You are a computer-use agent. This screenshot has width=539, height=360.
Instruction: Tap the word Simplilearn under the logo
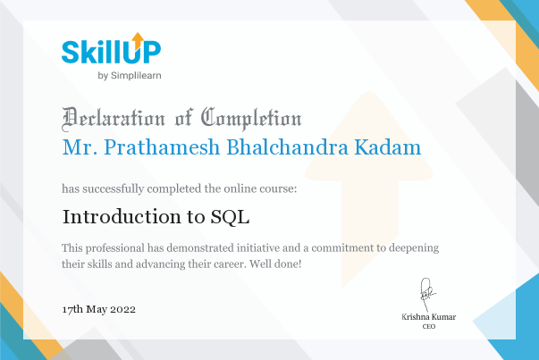pyautogui.click(x=136, y=76)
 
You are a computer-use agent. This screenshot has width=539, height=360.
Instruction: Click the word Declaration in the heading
pyautogui.click(x=114, y=119)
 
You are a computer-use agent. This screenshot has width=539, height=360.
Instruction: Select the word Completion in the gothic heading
pyautogui.click(x=251, y=119)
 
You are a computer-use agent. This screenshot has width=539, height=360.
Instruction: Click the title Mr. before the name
pyautogui.click(x=78, y=147)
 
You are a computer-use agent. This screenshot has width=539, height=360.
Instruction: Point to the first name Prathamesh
pyautogui.click(x=162, y=147)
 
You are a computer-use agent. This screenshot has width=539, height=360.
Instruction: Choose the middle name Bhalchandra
pyautogui.click(x=287, y=147)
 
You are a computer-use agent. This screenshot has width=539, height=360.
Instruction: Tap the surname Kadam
pyautogui.click(x=388, y=147)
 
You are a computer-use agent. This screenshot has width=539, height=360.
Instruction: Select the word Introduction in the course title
pyautogui.click(x=122, y=217)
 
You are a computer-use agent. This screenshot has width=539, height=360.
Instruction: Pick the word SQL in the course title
pyautogui.click(x=230, y=217)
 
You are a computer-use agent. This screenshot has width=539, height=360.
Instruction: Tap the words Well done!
pyautogui.click(x=275, y=264)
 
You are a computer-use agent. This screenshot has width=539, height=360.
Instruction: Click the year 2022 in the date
pyautogui.click(x=122, y=309)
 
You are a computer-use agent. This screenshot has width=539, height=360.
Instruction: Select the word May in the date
pyautogui.click(x=97, y=310)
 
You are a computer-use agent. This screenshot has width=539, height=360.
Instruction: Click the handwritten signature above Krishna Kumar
pyautogui.click(x=427, y=294)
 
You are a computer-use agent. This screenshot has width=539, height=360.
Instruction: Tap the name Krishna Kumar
pyautogui.click(x=429, y=317)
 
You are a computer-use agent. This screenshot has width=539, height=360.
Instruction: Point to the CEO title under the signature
pyautogui.click(x=429, y=326)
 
